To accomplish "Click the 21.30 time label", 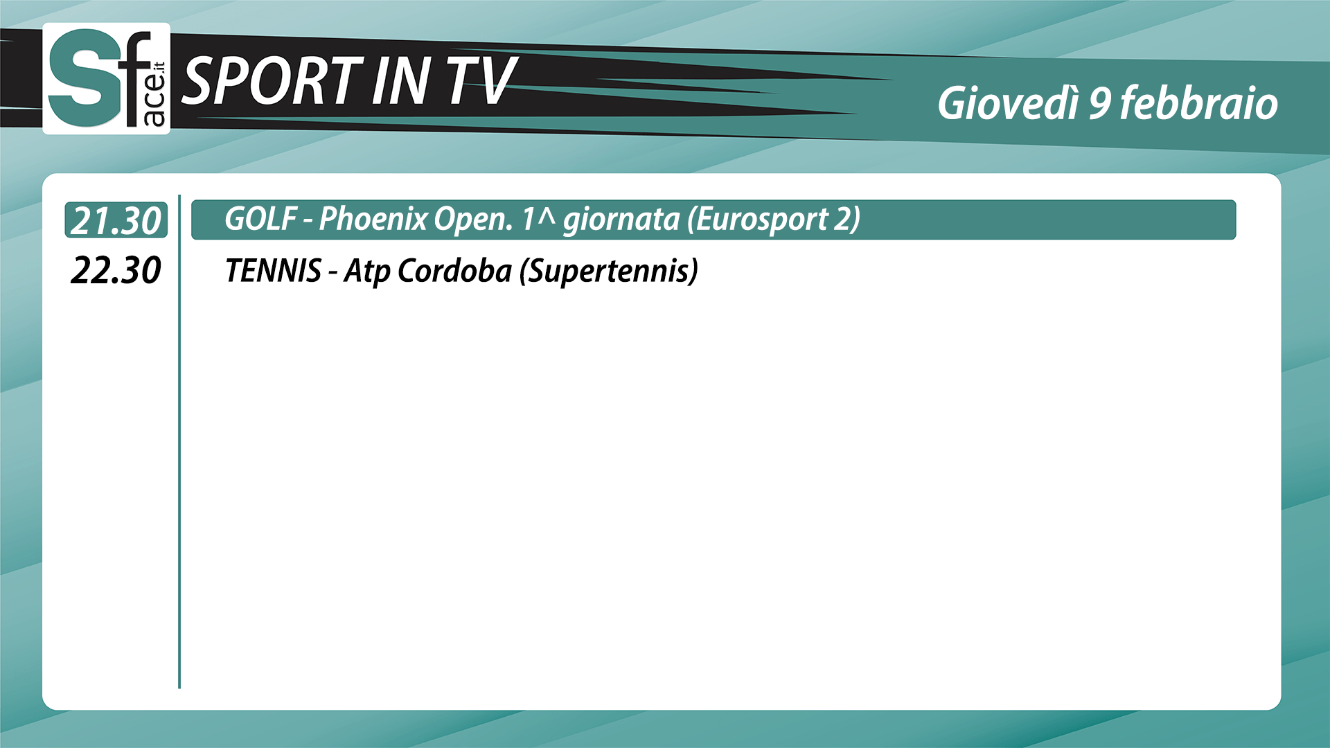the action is coord(116,221).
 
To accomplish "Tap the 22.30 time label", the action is coord(116,270).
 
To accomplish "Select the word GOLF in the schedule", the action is coord(260,219).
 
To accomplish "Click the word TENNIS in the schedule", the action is coord(274,270).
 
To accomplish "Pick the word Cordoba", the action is coord(454,270).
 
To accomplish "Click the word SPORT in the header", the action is coord(272,81).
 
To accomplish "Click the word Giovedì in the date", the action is coord(1008,103).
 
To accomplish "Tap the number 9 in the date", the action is coord(1100,104).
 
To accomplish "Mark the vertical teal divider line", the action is coord(179,442).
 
